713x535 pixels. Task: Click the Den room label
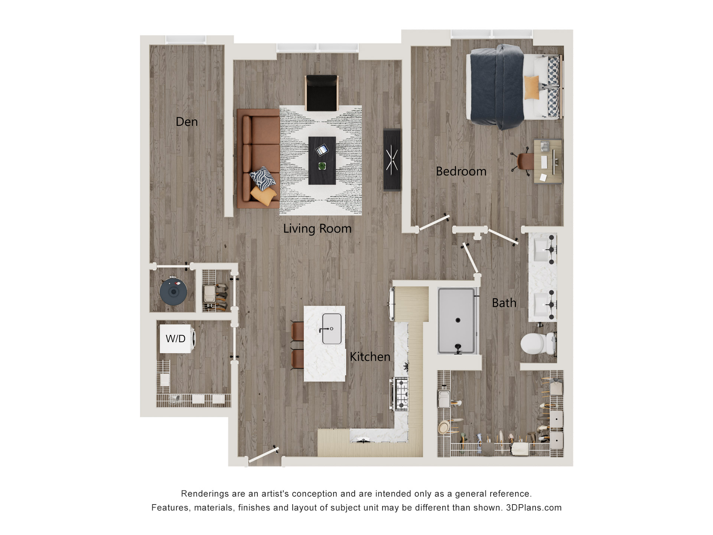(186, 122)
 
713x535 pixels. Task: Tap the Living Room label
(317, 228)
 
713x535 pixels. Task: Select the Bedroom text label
(461, 171)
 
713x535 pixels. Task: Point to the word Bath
(504, 303)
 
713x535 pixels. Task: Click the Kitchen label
(370, 357)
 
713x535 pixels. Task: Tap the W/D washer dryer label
(175, 338)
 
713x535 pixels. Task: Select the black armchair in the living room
(322, 93)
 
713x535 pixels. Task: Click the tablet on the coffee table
(322, 150)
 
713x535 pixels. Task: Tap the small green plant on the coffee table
(322, 166)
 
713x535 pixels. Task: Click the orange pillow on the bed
(531, 88)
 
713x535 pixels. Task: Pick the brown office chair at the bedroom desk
(524, 162)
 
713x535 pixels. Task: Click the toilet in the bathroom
(537, 344)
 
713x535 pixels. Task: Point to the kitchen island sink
(332, 329)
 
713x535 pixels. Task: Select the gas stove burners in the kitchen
(402, 393)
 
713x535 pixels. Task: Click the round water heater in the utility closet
(173, 292)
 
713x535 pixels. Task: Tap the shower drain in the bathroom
(458, 320)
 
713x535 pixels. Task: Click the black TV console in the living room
(392, 160)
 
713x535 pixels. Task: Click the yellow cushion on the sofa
(263, 195)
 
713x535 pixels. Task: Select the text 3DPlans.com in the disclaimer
(534, 508)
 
